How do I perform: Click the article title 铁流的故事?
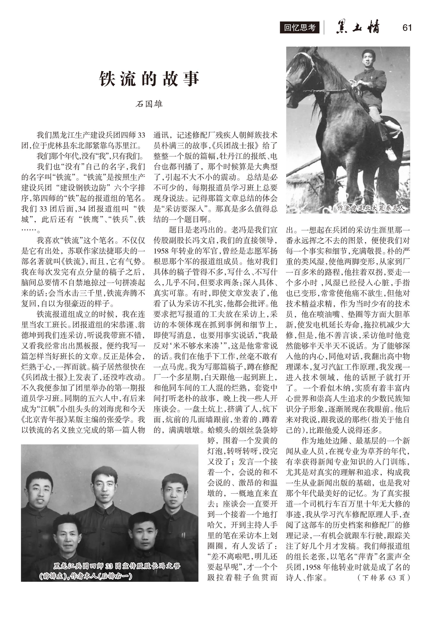(x=149, y=79)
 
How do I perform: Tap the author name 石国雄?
(x=149, y=104)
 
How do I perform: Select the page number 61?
(x=407, y=28)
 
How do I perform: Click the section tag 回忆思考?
(x=300, y=28)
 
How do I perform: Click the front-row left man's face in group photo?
(x=67, y=534)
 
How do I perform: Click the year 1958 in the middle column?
(x=161, y=251)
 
